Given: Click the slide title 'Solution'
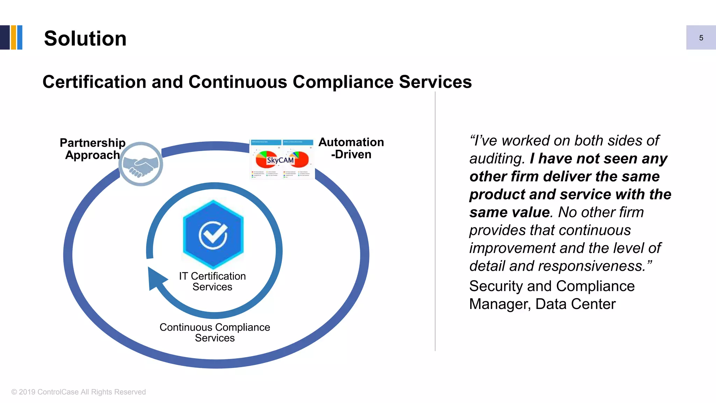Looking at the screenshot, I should pyautogui.click(x=85, y=38).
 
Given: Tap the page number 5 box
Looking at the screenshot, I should pyautogui.click(x=701, y=37).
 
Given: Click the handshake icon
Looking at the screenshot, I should pyautogui.click(x=141, y=164).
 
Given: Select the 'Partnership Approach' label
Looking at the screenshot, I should pyautogui.click(x=93, y=149).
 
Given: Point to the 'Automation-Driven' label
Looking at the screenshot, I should pyautogui.click(x=351, y=148).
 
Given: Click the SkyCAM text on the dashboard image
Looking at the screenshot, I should pyautogui.click(x=280, y=160).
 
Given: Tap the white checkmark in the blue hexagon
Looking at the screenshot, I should pyautogui.click(x=213, y=234).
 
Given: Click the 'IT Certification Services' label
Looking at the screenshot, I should pyautogui.click(x=213, y=281).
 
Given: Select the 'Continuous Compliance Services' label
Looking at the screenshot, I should pyautogui.click(x=215, y=332).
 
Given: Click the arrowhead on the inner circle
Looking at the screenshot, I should pyautogui.click(x=156, y=278).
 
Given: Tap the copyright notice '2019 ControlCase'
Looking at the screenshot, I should pyautogui.click(x=79, y=392).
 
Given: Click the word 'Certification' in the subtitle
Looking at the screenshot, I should pyautogui.click(x=94, y=82).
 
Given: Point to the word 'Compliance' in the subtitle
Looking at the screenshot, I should pyautogui.click(x=343, y=82).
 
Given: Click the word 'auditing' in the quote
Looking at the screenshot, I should pyautogui.click(x=496, y=159).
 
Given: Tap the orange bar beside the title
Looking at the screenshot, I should pyautogui.click(x=14, y=37).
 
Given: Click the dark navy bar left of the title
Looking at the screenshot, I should pyautogui.click(x=5, y=37).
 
